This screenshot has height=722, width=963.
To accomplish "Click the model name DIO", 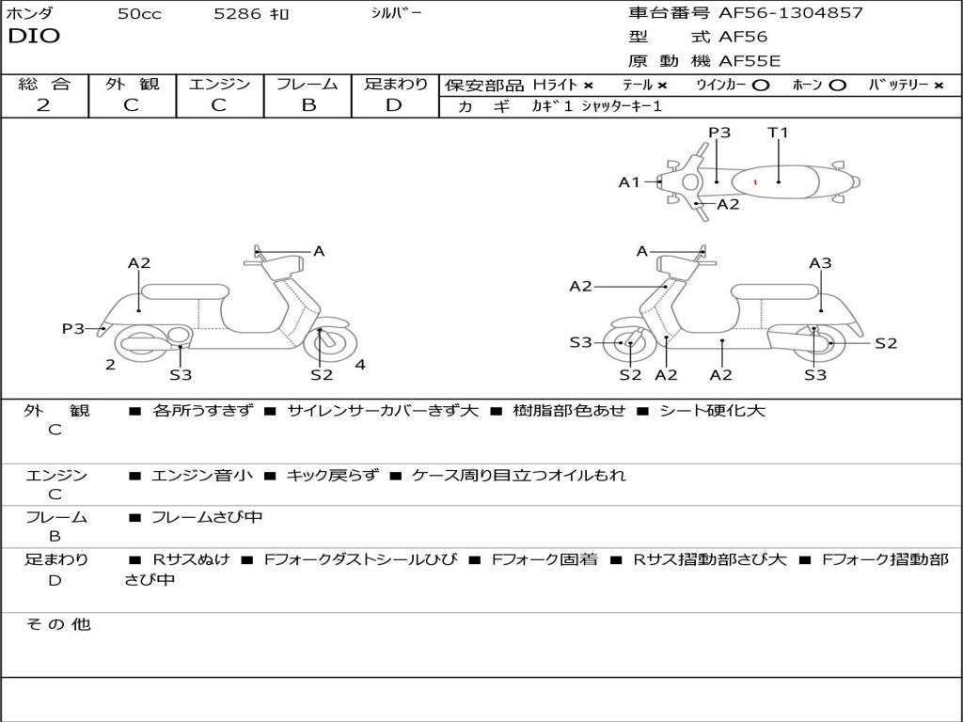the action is click(x=34, y=37).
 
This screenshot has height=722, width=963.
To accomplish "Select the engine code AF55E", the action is click(x=750, y=62).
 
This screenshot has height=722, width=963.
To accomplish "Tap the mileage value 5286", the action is click(x=238, y=14).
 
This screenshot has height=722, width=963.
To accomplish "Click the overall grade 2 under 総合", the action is click(x=43, y=105).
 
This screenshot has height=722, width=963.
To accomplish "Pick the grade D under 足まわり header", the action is click(x=394, y=105).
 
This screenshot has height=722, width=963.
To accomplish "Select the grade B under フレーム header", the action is click(x=308, y=105).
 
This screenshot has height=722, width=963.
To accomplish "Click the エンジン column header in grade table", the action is click(x=219, y=85).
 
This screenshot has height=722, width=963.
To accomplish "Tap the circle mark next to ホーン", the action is click(x=837, y=86).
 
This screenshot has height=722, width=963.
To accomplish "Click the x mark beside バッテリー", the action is click(x=938, y=86).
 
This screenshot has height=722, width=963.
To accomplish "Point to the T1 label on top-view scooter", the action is click(x=778, y=133).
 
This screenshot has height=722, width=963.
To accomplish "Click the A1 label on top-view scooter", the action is click(x=628, y=182).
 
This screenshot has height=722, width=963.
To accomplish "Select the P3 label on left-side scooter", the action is click(x=72, y=328).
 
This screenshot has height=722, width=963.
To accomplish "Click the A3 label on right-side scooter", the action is click(x=820, y=263).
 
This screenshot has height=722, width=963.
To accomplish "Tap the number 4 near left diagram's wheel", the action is click(x=360, y=365).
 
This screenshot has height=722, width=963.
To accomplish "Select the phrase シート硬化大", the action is click(x=712, y=411).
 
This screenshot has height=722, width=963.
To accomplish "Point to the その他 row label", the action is click(x=57, y=624).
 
